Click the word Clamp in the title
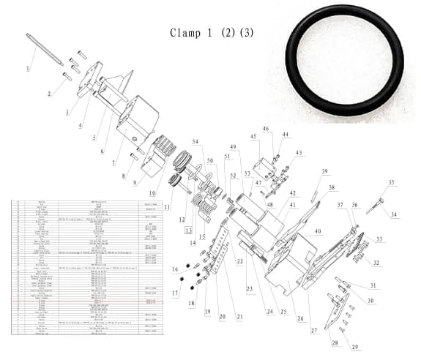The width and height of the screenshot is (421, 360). coord(185,34)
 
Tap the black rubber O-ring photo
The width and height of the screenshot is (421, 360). coord(344,66)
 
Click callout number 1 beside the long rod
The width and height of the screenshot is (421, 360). coord(28,68)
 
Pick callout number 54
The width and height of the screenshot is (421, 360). coord(195,141)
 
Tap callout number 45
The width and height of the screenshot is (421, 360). coord(253,136)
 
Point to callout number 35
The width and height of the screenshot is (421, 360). coord(391,182)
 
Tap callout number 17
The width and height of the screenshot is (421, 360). coord(174,293)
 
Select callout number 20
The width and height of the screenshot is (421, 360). coord(221,316)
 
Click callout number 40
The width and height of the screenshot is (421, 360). coord(318,231)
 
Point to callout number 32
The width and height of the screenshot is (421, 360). coord(377,263)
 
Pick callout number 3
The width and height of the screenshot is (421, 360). coord(67,112)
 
